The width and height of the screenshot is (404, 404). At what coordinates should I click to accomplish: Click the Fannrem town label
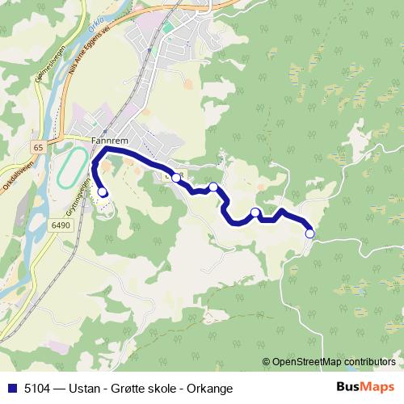105,138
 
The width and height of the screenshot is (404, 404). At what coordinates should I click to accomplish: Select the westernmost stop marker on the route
103,191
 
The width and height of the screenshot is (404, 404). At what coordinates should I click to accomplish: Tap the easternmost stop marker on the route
309,234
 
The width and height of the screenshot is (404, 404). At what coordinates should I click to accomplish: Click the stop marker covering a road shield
175,177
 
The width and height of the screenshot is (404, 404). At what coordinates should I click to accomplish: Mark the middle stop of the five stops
213,187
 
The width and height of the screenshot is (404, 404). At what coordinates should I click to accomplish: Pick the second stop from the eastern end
255,213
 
